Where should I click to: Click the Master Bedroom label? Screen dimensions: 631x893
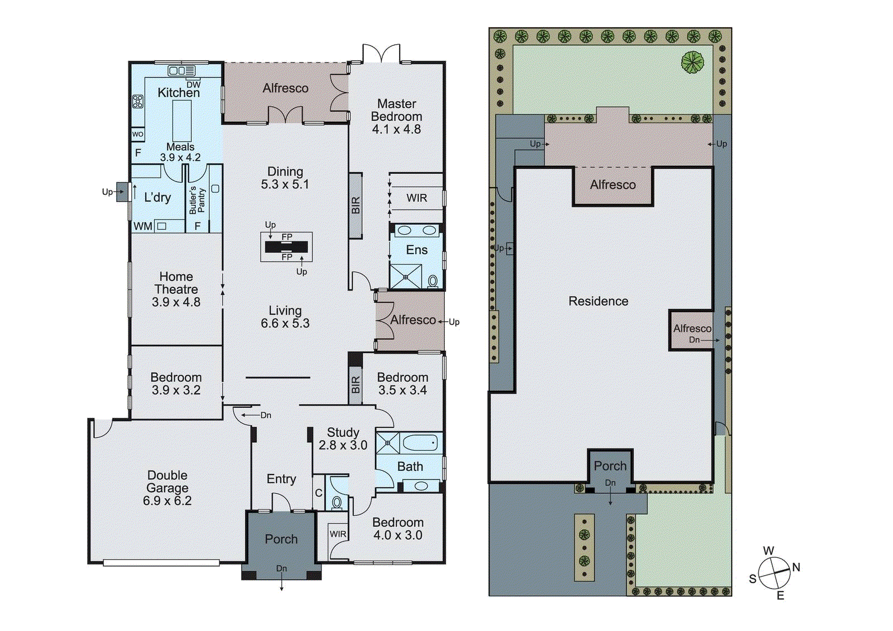[x=396, y=110]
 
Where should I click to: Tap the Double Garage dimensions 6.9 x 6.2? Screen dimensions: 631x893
[x=167, y=501]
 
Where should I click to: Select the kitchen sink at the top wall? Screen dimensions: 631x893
[x=181, y=71]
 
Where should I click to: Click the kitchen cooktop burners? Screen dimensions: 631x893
[x=138, y=102]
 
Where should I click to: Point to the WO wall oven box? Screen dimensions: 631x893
[x=138, y=134]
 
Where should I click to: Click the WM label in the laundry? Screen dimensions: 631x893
[x=143, y=226]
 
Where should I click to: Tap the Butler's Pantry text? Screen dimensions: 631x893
[x=197, y=200]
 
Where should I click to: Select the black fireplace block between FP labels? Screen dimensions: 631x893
[x=286, y=247]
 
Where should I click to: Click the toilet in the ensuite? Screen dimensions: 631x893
[x=433, y=281]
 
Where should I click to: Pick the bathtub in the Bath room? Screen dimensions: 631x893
[x=420, y=443]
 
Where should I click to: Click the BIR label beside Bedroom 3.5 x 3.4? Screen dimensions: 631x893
[x=356, y=384]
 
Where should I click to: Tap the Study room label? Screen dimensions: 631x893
[x=343, y=432]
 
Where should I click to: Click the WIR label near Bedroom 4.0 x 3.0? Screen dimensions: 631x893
[x=338, y=534]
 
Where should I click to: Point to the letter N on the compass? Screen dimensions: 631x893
[x=796, y=567]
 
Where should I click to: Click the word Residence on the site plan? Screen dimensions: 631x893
[x=598, y=302]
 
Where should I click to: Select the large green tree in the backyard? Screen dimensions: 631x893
[x=693, y=62]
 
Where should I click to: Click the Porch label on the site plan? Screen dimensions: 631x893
[x=610, y=466]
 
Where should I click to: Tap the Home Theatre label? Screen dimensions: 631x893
[x=176, y=283]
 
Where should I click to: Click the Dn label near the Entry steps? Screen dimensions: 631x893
[x=266, y=415]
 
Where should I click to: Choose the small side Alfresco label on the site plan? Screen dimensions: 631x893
[x=692, y=328]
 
